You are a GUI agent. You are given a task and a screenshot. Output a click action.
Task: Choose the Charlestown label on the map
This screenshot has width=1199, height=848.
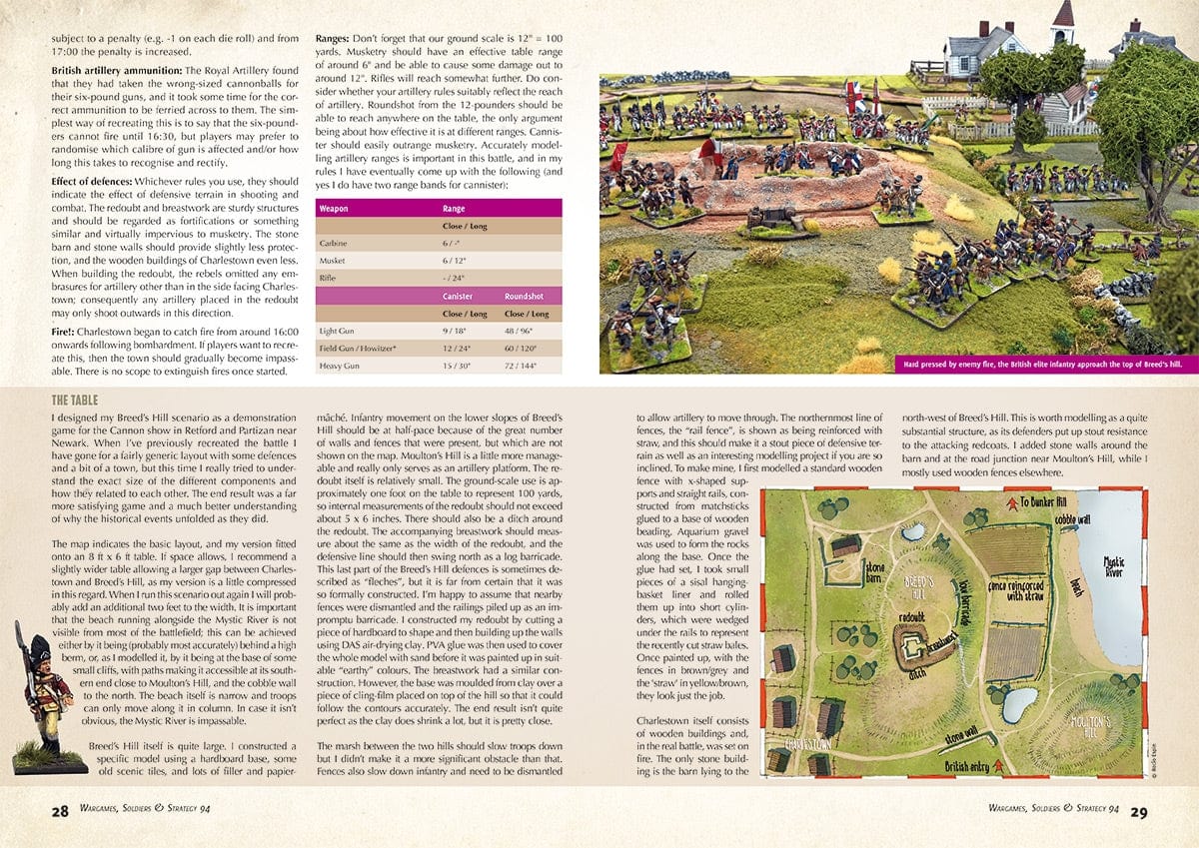808,745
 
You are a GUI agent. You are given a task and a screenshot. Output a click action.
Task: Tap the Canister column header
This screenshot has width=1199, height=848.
458,296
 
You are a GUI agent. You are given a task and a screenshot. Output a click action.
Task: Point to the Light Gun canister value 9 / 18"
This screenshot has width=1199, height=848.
458,330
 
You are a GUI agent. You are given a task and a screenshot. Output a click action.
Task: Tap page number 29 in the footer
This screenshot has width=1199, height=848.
1140,811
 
